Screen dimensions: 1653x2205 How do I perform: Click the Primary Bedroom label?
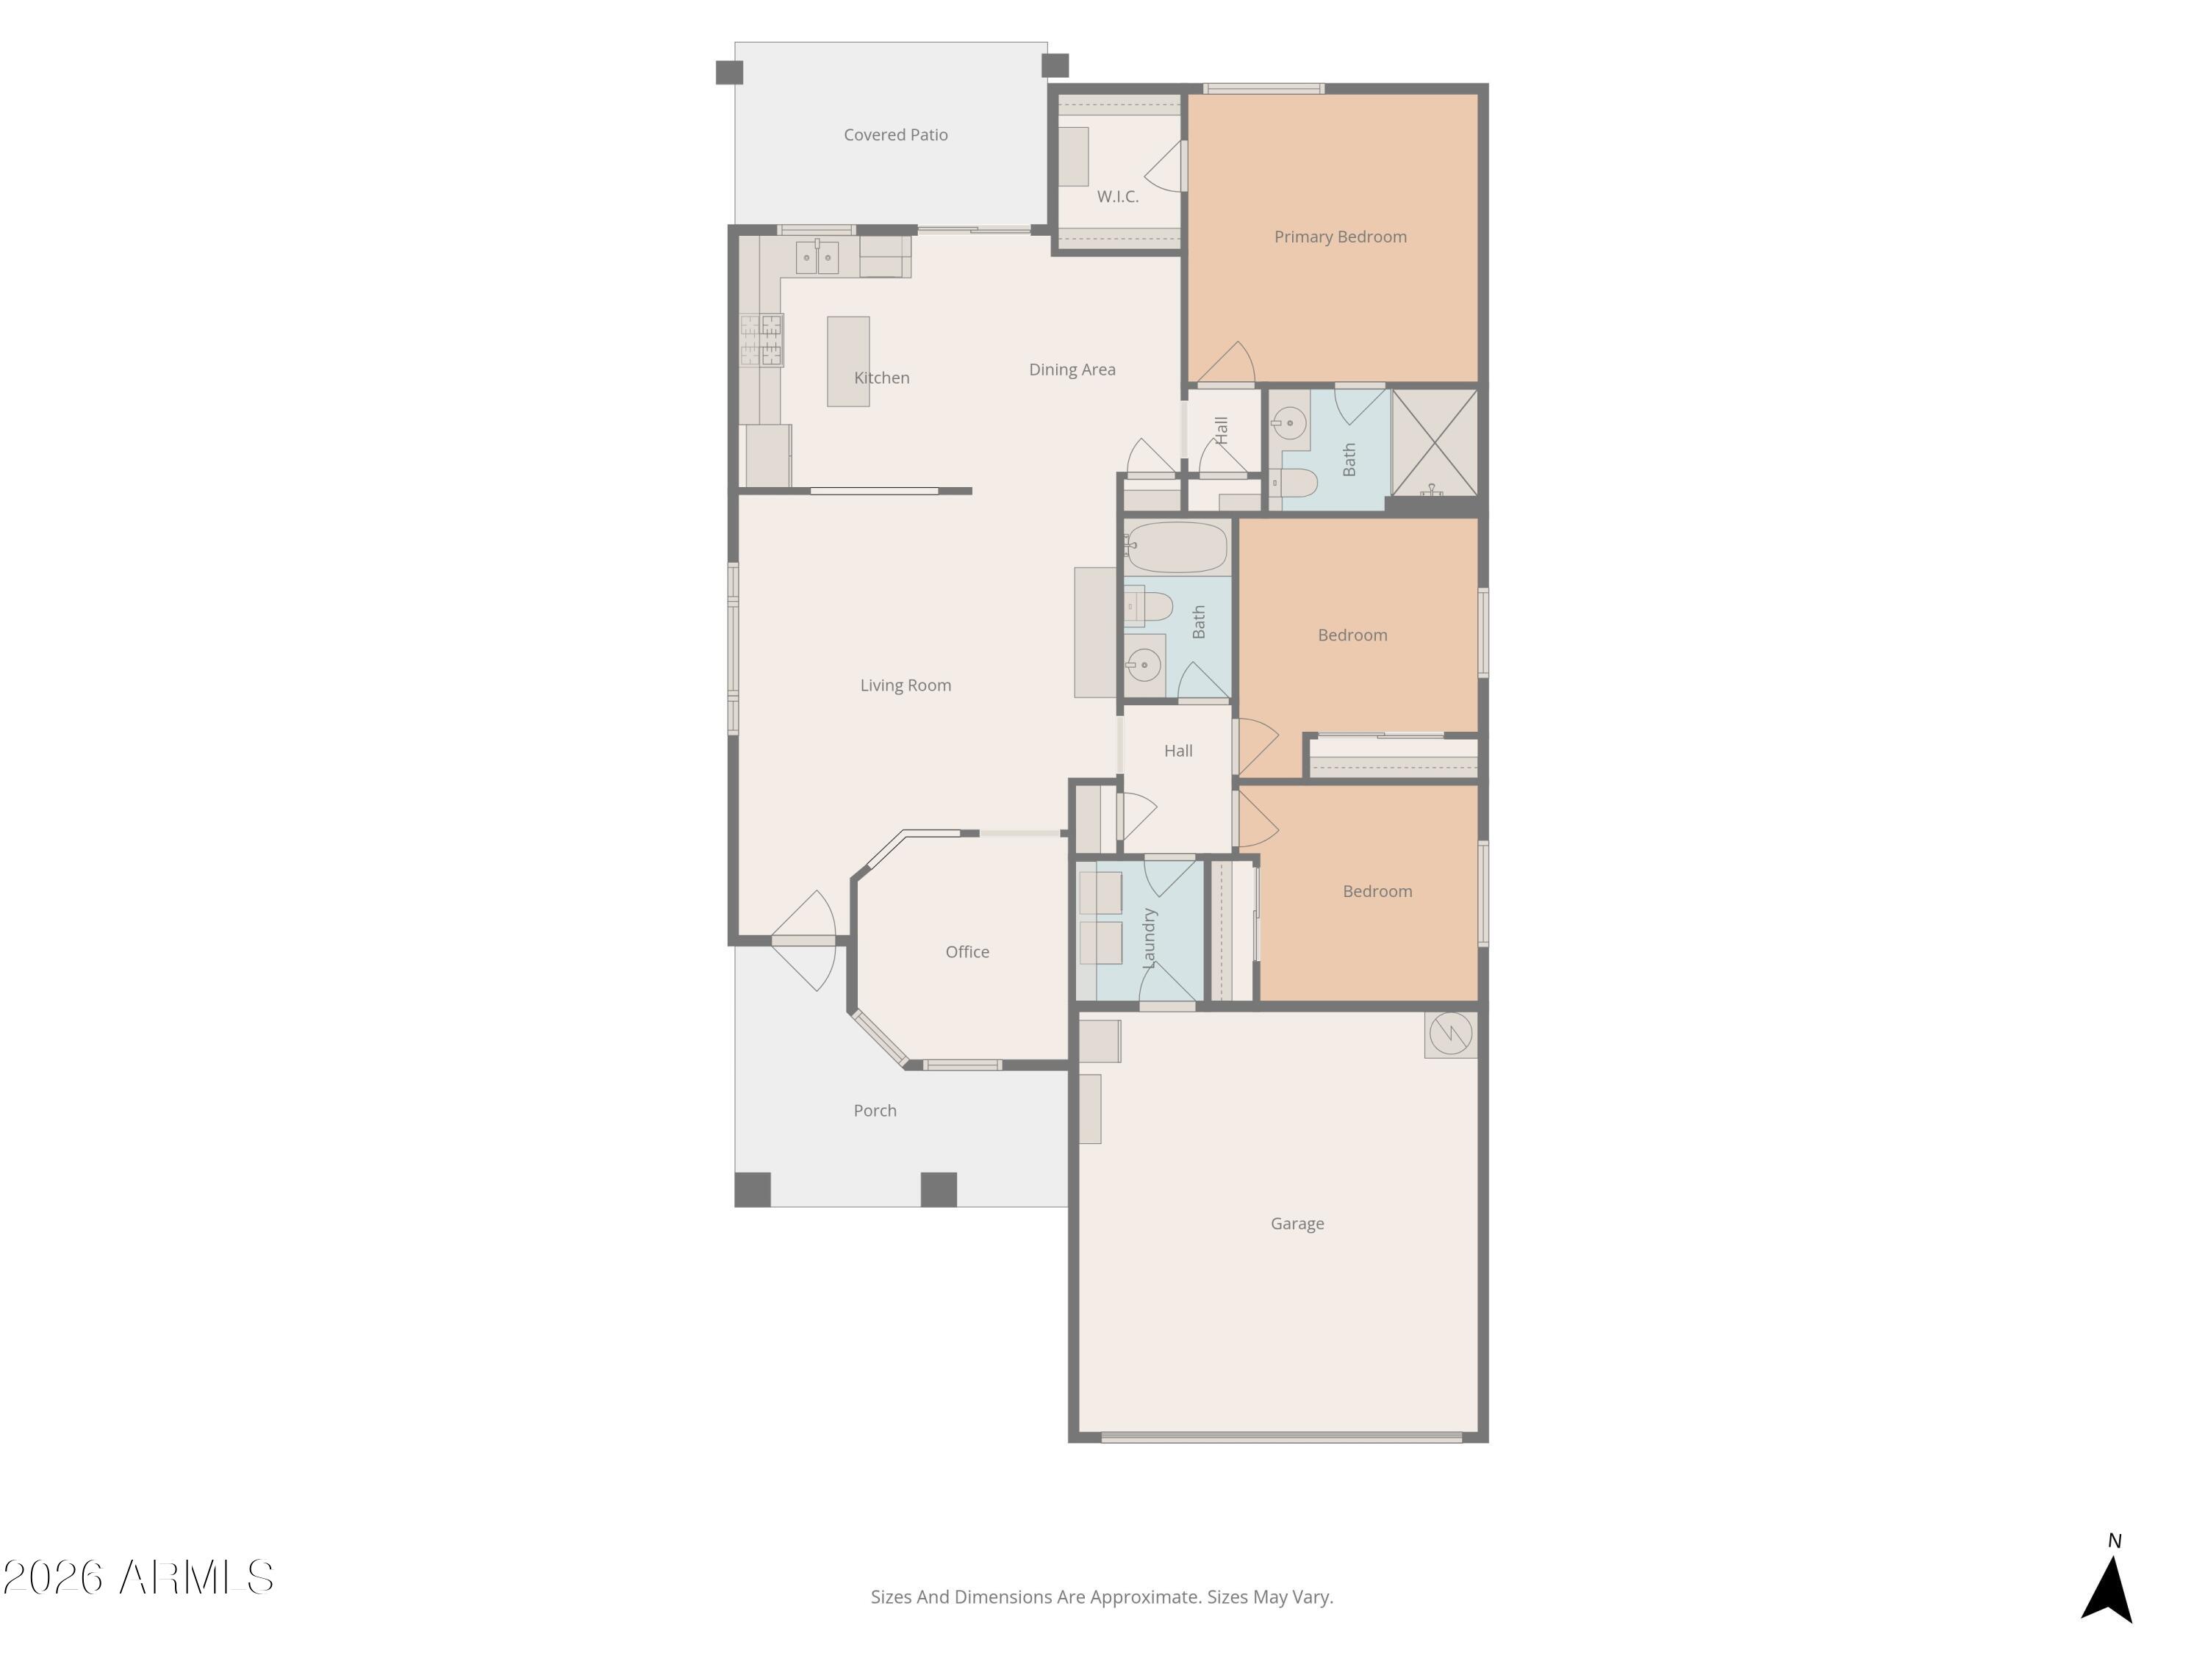pyautogui.click(x=1340, y=236)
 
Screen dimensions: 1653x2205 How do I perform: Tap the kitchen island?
pyautogui.click(x=847, y=361)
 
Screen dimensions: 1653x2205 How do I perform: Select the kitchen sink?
pyautogui.click(x=817, y=257)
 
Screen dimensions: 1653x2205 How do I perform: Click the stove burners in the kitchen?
pyautogui.click(x=761, y=339)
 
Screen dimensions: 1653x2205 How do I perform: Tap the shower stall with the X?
pyautogui.click(x=1435, y=442)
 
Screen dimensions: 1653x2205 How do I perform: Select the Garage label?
pyautogui.click(x=1297, y=1223)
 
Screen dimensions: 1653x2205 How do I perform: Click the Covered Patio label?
pyautogui.click(x=895, y=134)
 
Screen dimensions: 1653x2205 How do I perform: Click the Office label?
pyautogui.click(x=967, y=951)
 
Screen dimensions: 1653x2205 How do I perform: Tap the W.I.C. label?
pyautogui.click(x=1117, y=196)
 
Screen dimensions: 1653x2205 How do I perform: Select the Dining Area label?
pyautogui.click(x=1072, y=370)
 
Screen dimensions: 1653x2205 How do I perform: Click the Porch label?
pyautogui.click(x=874, y=1110)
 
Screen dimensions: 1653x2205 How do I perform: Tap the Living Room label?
pyautogui.click(x=905, y=685)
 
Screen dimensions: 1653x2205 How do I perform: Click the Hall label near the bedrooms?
pyautogui.click(x=1177, y=750)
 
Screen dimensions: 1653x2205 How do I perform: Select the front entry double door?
pyautogui.click(x=803, y=940)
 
